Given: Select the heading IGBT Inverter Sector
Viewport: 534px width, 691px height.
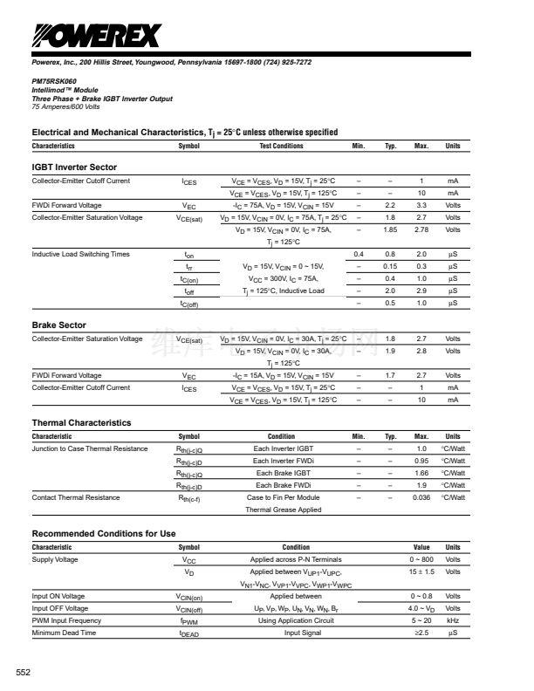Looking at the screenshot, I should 74,167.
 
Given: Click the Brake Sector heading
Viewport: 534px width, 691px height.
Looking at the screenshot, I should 58,325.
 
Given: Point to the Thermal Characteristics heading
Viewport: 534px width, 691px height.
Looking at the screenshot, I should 81,422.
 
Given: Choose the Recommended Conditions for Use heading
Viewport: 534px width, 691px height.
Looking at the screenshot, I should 104,533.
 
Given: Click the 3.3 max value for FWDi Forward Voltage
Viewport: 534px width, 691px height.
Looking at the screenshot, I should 421,205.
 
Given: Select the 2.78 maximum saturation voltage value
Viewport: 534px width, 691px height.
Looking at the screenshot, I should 421,229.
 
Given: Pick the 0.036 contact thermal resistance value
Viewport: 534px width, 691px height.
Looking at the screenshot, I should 421,497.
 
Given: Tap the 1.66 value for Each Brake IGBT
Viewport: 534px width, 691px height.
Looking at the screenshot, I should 421,473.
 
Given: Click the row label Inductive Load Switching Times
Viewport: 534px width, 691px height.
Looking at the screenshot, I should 80,254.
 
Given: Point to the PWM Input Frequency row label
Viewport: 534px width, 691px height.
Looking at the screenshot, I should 66,620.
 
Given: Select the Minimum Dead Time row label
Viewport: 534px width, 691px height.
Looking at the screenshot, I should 64,633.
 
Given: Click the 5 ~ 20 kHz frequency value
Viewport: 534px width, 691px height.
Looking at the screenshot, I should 421,620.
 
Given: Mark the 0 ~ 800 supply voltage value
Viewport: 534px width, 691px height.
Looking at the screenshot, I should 421,559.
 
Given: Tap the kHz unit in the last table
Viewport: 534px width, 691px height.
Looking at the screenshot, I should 453,620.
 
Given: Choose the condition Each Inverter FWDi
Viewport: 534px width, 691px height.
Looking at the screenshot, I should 281,461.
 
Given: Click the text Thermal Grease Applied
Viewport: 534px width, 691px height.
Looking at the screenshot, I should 283,510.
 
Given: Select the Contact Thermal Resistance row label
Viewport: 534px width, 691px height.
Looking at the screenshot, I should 76,497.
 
